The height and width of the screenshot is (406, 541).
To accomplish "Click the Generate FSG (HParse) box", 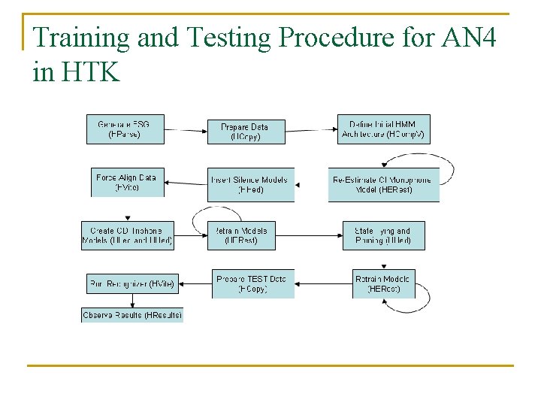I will (127, 129).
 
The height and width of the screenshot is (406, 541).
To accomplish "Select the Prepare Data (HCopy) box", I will (246, 132).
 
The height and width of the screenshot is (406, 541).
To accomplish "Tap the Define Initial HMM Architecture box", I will (383, 129).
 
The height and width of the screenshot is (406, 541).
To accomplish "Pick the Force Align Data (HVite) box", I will (127, 182).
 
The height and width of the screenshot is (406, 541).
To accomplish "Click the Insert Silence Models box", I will (251, 185).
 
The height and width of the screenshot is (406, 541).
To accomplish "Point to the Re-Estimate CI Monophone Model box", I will (383, 185).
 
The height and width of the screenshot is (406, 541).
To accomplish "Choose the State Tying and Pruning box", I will (383, 236).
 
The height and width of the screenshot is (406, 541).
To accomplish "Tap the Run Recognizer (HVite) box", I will (132, 284).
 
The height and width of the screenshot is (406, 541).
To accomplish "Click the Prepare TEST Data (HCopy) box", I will (251, 283).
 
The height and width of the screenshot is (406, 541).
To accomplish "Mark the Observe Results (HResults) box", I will (132, 314).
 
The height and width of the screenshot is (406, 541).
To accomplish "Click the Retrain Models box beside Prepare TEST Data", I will (383, 283).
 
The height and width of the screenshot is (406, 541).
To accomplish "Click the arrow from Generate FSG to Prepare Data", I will (186, 130).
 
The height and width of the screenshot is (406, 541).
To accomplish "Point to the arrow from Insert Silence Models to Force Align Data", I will (186, 183).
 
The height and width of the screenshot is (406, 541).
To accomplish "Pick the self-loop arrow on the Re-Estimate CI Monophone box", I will (447, 171).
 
